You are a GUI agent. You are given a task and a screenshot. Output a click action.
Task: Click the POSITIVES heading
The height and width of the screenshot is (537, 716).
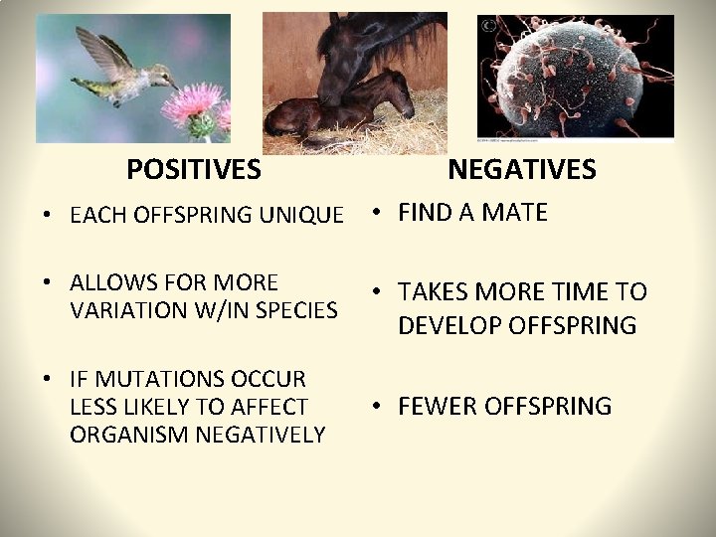tap(194, 170)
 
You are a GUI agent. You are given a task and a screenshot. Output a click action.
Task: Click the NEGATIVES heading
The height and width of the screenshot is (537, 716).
tap(521, 170)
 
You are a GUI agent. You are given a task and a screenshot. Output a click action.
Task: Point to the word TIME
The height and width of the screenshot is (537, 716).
tap(577, 292)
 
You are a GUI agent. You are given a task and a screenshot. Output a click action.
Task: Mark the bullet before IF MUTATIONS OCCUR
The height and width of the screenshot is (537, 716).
tap(47, 380)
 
